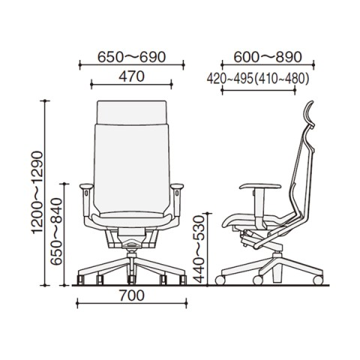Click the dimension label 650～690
click(x=131, y=57)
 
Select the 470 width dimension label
click(x=131, y=76)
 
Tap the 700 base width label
click(x=132, y=295)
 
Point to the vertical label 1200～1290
click(x=37, y=193)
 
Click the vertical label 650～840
click(x=56, y=232)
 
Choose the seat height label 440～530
click(x=199, y=250)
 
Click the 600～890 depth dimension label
click(x=268, y=57)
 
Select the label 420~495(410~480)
click(x=258, y=79)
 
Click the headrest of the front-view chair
click(x=132, y=112)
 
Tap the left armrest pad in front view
click(x=86, y=186)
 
